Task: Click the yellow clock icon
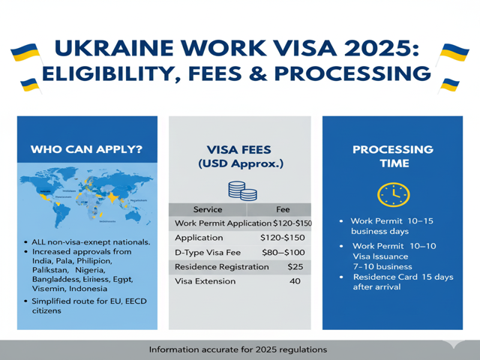pos(393,195)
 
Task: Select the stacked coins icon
pos(240,190)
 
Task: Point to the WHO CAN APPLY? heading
pos(86,149)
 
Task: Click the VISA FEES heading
pos(240,149)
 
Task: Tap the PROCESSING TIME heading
pos(393,156)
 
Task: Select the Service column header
pos(208,209)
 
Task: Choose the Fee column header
pos(283,209)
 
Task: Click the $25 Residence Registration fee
pos(295,266)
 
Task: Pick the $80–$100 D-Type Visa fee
pos(283,252)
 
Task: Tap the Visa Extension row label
pos(205,281)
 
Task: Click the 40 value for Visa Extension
pos(295,281)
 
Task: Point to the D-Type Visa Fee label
pos(208,252)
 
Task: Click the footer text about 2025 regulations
pos(238,349)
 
